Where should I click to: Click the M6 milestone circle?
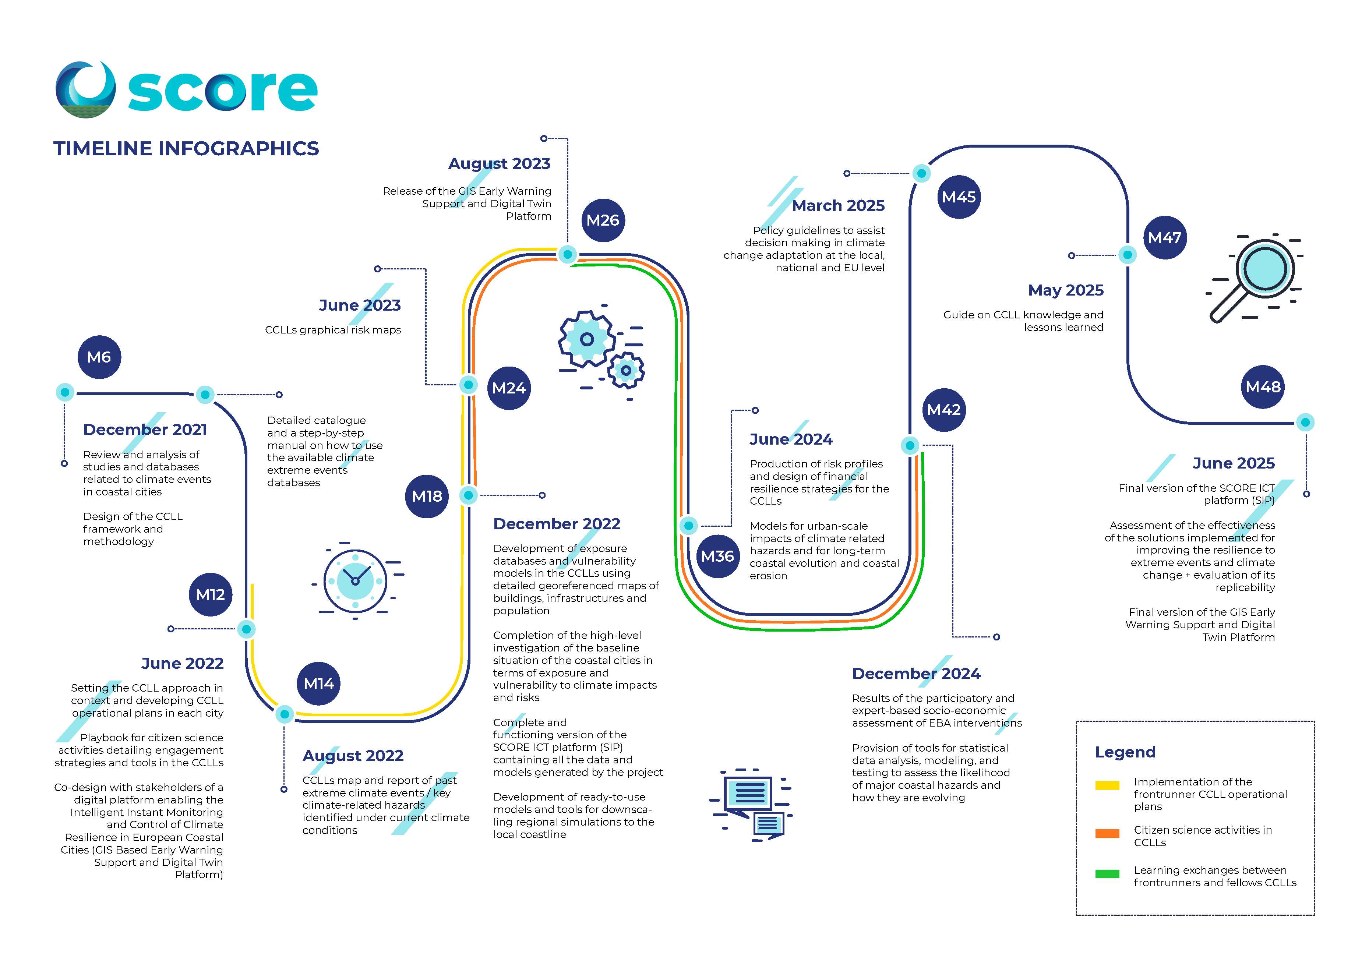pos(100,357)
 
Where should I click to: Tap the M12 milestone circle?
pos(211,594)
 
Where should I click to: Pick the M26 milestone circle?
pos(603,220)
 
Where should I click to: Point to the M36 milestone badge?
pos(717,556)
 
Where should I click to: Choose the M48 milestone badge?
pos(1263,387)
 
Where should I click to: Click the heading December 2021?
pos(145,430)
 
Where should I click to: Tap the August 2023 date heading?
pos(499,163)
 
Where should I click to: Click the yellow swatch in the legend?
pos(1107,785)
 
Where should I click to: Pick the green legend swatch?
pos(1107,874)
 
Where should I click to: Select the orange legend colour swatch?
pos(1107,833)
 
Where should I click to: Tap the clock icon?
pos(355,580)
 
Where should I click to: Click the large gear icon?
pos(587,339)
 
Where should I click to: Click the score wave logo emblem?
pos(86,89)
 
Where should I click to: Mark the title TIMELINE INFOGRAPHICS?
pos(186,148)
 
